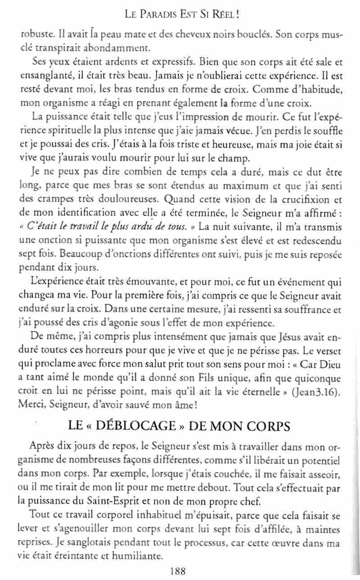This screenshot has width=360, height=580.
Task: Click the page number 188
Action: (x=178, y=571)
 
